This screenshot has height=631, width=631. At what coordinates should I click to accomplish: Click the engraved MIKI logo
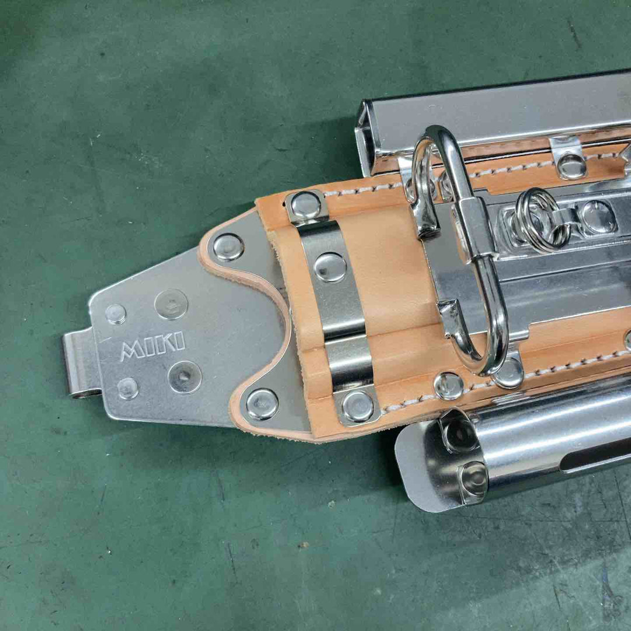(x=152, y=345)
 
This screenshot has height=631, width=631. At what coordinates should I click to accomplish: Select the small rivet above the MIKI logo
(x=116, y=314)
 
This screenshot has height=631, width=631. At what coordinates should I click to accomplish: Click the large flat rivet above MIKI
(x=171, y=304)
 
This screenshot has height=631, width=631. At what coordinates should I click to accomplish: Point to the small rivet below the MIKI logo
(x=128, y=389)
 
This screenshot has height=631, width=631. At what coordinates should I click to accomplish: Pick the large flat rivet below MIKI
(x=185, y=377)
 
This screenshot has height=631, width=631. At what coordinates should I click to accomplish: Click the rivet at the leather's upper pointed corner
(x=228, y=247)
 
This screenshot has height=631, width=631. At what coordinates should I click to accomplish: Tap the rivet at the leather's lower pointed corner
(x=262, y=404)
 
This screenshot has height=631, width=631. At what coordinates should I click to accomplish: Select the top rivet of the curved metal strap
(x=306, y=206)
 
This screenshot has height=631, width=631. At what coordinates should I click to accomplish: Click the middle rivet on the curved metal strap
(x=330, y=267)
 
